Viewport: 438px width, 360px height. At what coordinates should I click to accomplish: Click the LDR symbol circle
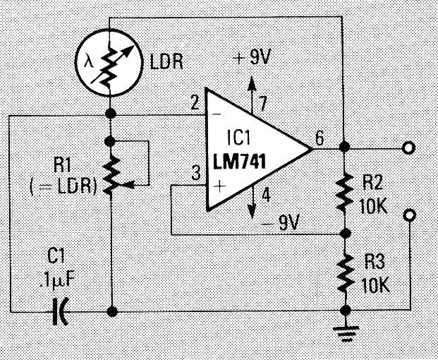coord(110,61)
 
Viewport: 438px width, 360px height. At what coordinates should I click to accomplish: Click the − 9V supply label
coord(281,224)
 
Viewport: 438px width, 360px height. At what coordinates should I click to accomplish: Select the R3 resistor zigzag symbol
coord(343,271)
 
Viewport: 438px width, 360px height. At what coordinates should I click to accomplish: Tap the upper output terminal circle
coord(407,148)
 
